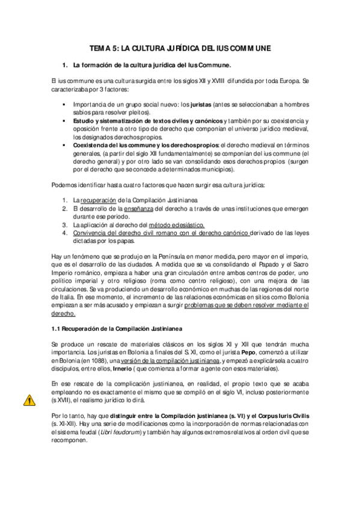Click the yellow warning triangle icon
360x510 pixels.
(x=28, y=399)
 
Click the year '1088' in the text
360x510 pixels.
(x=94, y=360)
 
